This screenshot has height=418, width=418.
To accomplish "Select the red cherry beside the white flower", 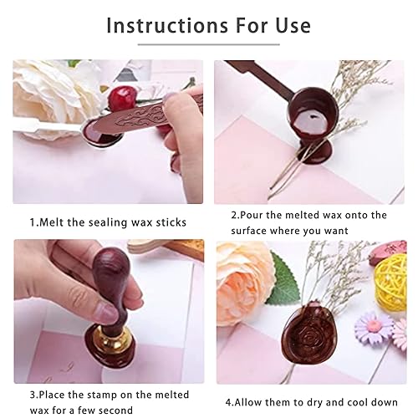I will (123, 98).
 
